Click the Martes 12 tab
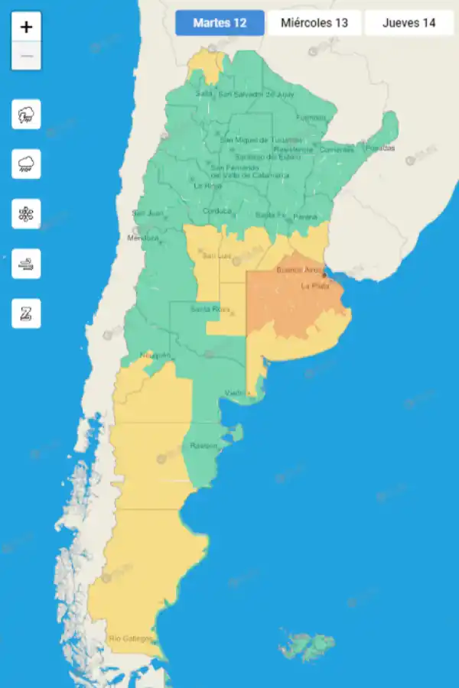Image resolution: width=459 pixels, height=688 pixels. [x=220, y=23]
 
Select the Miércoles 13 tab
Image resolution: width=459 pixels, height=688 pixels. [x=314, y=23]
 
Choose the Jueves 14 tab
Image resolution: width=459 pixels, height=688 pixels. [x=409, y=23]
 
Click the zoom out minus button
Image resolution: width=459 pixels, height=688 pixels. [x=27, y=56]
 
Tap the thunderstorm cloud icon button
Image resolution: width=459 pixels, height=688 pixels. [x=26, y=115]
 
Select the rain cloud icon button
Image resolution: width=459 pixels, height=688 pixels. [x=26, y=164]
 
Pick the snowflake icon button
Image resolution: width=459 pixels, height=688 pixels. [x=26, y=213]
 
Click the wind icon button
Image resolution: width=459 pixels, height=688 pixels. [x=26, y=264]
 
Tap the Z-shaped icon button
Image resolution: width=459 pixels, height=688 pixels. [x=26, y=313]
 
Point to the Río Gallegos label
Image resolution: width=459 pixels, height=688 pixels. [x=131, y=638]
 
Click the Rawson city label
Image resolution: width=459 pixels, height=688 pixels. [x=203, y=446]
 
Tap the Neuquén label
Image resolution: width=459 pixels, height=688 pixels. [x=155, y=355]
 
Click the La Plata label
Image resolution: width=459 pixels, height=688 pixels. [x=314, y=286]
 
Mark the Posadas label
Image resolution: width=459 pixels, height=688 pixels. [x=380, y=148]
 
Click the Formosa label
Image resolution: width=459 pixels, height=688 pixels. [x=311, y=118]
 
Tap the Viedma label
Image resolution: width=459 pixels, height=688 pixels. [x=235, y=393]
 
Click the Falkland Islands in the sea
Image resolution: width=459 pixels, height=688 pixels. [x=308, y=647]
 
